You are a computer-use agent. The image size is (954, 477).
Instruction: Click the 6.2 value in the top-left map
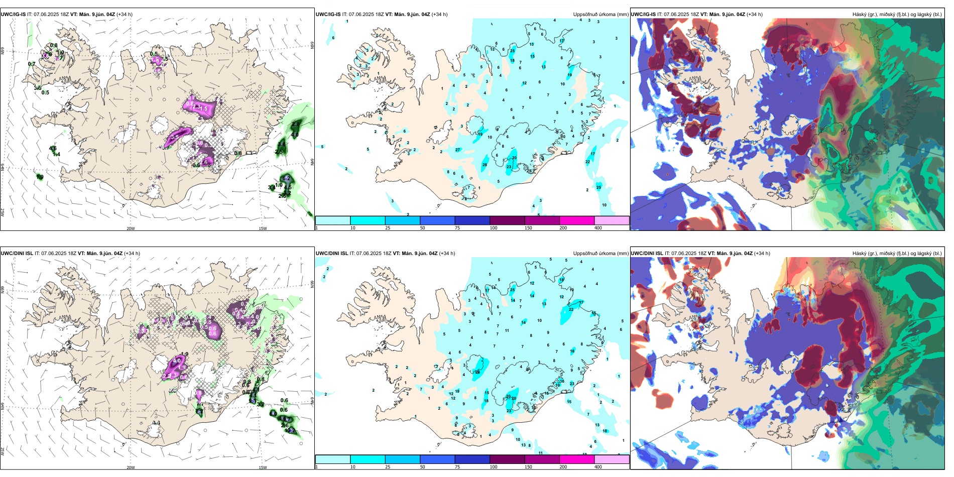tap(286, 178)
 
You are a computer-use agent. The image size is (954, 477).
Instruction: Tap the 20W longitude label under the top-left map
tap(131, 228)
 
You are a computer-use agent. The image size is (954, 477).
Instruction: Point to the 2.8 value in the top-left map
tap(296, 124)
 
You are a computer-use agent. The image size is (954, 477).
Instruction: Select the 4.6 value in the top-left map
tap(53, 149)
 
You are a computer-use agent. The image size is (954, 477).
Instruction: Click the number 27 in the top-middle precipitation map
tap(457, 150)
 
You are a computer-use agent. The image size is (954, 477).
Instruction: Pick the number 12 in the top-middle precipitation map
tap(524, 83)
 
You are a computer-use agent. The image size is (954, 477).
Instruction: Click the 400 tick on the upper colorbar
tap(598, 228)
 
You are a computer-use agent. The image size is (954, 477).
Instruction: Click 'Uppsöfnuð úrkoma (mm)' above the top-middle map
tap(601, 15)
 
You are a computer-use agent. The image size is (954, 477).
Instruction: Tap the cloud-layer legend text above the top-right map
tap(897, 15)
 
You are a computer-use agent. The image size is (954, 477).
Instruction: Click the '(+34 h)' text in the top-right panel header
tap(755, 15)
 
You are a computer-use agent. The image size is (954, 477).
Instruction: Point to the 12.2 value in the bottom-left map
tap(290, 431)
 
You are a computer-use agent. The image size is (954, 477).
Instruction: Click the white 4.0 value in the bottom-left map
tap(177, 361)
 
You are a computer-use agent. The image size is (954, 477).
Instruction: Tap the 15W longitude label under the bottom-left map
tap(263, 467)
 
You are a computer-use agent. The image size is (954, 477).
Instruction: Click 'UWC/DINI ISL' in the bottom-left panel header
tap(17, 254)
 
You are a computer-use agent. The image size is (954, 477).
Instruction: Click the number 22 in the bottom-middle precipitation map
tap(571, 309)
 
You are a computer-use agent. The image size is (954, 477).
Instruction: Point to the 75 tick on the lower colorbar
tap(457, 467)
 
